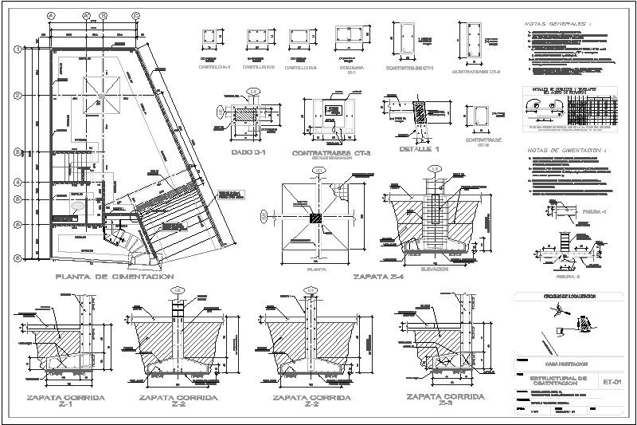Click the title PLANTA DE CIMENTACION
[115, 277]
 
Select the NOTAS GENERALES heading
[557, 25]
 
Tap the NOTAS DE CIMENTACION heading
[562, 149]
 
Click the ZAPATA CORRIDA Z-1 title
[53, 400]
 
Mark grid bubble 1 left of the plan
[17, 49]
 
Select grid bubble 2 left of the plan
[17, 94]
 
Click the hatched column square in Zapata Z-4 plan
[316, 217]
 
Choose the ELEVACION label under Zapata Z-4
[436, 270]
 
